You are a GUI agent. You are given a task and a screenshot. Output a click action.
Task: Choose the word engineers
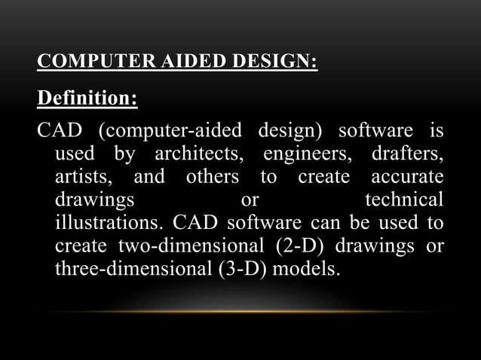tap(309, 156)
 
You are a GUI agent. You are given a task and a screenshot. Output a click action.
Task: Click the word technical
tap(404, 201)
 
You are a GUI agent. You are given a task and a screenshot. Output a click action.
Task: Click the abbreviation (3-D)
tap(231, 269)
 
